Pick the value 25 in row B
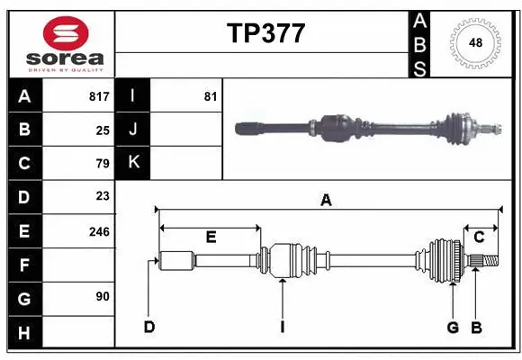(x=103, y=130)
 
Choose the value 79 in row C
(x=103, y=163)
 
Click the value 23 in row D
(x=103, y=196)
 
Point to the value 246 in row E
(x=99, y=230)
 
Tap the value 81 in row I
(x=211, y=96)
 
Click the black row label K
(x=133, y=163)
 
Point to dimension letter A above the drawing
(x=326, y=201)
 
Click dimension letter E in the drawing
(x=211, y=238)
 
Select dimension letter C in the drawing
(x=480, y=237)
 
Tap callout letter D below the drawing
(x=149, y=326)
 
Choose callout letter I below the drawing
(x=282, y=326)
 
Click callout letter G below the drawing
(x=454, y=326)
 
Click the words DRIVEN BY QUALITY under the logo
(x=66, y=68)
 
